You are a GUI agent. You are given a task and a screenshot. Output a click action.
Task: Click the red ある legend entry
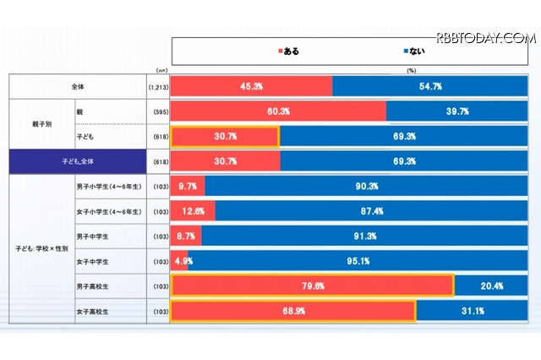[x=288, y=51]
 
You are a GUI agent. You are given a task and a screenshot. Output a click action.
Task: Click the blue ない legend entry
[x=413, y=51]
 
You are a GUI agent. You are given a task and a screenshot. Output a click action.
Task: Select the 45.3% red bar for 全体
[x=251, y=86]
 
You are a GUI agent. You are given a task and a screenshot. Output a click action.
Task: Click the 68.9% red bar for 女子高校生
[x=293, y=311]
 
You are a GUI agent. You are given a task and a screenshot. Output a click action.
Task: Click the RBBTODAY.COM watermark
[x=485, y=38]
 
